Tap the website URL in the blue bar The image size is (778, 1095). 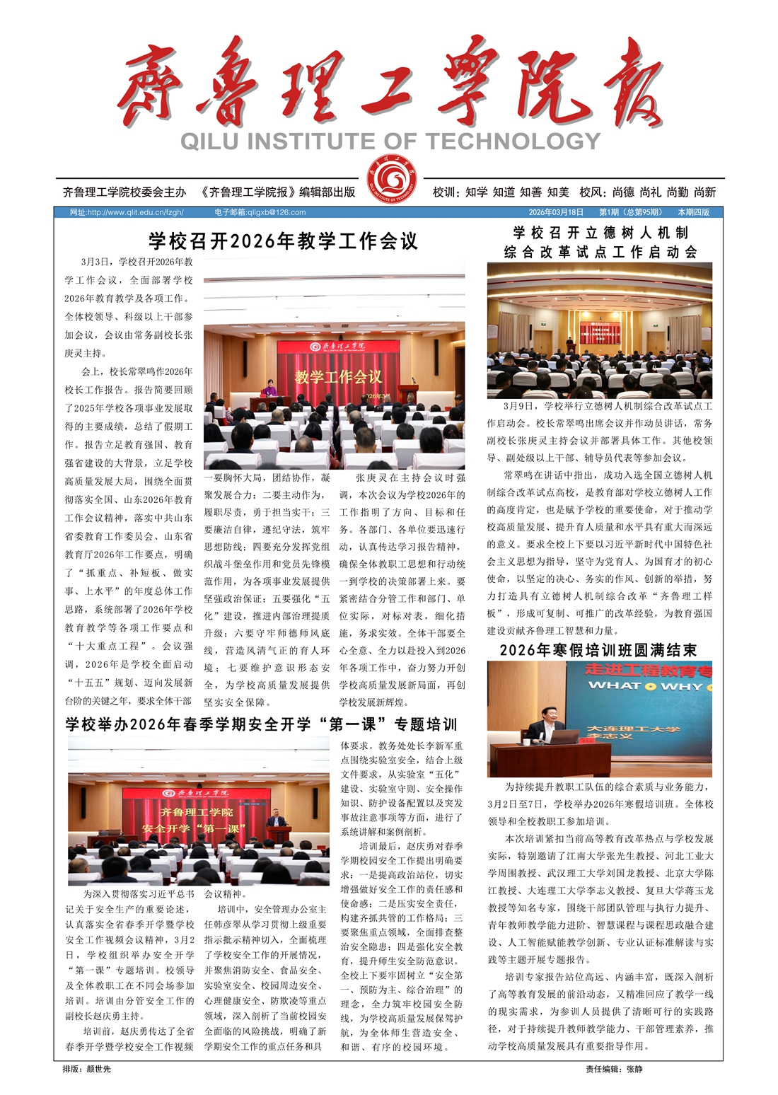[127, 212]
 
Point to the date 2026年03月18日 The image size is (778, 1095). [556, 212]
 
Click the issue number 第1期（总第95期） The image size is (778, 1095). [630, 212]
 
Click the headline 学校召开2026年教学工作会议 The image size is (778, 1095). [283, 242]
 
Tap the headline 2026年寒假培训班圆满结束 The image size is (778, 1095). [598, 650]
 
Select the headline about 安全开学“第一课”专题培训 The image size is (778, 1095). [262, 724]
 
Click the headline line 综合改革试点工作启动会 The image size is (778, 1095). [600, 252]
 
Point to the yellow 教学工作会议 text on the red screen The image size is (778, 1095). [338, 376]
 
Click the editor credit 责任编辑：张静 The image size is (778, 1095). [614, 1069]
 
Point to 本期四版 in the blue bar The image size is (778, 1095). [693, 212]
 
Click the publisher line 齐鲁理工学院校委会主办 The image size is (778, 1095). [124, 192]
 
